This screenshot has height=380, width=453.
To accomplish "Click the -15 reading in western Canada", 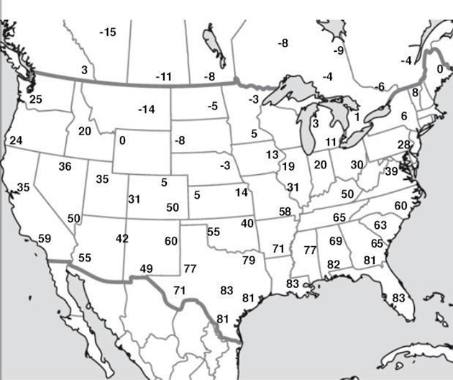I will pos(107,32).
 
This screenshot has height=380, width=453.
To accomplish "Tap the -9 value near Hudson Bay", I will pos(338,50).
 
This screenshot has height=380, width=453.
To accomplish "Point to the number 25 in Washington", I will pos(35,99).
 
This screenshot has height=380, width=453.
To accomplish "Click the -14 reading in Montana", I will pos(146,109).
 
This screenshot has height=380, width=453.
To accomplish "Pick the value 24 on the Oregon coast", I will pos(17,140).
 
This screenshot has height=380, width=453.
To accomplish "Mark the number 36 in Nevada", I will pos(65,166).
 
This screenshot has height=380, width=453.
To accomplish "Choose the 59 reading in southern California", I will pos(44,238).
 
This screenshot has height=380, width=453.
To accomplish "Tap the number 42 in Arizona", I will pos(122,238).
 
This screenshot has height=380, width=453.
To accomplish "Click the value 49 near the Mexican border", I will pos(146,269).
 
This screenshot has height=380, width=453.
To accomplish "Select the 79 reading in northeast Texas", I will pos(249,259).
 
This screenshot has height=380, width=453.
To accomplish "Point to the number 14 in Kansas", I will pos(241,192).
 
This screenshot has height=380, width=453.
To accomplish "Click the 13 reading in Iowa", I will pos(271,155).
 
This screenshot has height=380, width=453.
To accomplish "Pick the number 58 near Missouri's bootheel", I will pos(285,211).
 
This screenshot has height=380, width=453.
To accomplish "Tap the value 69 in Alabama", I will pos(336,240).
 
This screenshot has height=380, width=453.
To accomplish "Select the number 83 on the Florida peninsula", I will pos(398,297).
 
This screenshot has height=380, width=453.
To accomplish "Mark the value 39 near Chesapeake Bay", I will pos(391,171).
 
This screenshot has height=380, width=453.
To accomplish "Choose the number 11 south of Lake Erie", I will pos(331,142).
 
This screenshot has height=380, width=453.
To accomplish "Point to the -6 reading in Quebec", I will pos(379,86).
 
